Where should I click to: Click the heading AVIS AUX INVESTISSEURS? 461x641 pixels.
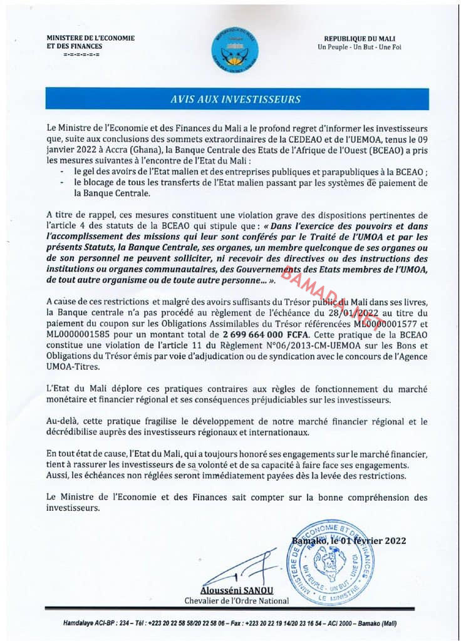coord(236,99)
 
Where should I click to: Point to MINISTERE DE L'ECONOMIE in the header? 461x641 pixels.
coord(90,38)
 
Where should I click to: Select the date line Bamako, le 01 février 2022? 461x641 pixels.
coord(348,541)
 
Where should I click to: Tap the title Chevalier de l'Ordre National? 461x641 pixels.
coord(237,601)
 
